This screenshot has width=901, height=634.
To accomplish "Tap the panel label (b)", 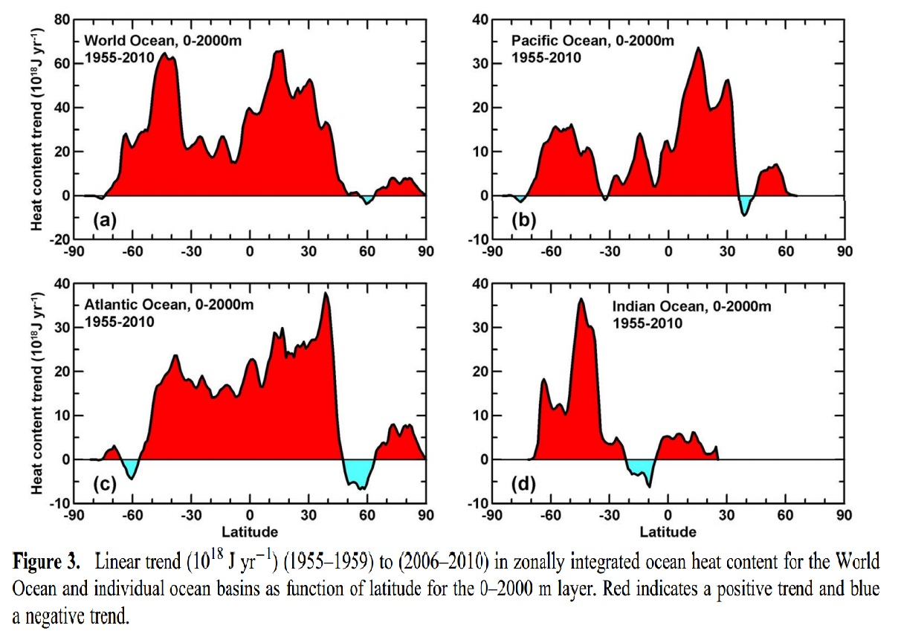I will (521, 219).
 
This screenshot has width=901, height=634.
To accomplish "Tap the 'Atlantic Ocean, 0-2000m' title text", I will (147, 306).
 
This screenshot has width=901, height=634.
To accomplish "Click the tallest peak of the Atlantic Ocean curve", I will (326, 294).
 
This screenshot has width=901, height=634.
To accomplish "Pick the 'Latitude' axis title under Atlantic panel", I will (249, 531).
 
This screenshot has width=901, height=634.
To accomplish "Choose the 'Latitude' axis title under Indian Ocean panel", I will (668, 531).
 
